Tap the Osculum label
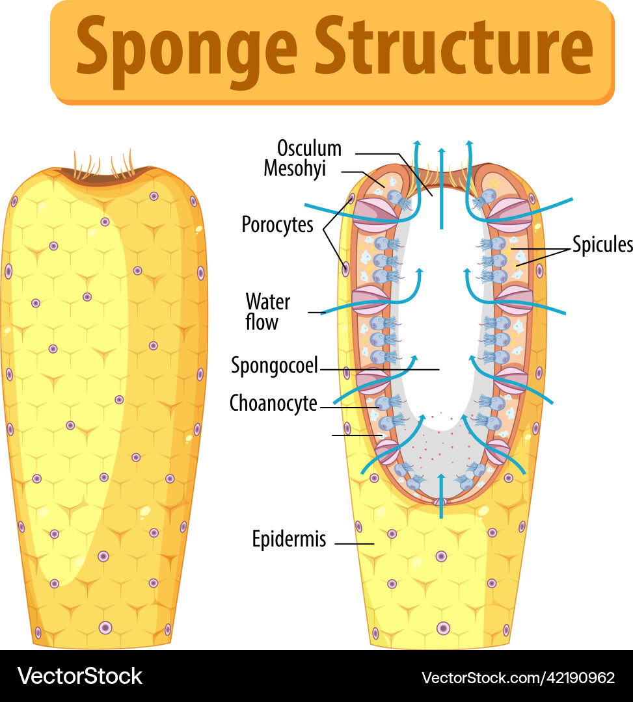(x=309, y=148)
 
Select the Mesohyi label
(x=294, y=168)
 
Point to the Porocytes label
(x=278, y=225)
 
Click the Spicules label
(x=602, y=244)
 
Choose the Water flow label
(x=267, y=312)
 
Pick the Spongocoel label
(x=275, y=366)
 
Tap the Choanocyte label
(x=273, y=404)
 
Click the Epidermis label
(x=289, y=539)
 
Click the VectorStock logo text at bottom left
(x=79, y=676)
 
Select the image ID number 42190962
(x=582, y=678)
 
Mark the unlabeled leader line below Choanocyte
(x=356, y=435)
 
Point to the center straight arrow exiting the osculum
(x=442, y=188)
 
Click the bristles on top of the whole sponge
(x=104, y=166)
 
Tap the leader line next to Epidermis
(x=355, y=543)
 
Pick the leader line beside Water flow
(x=317, y=313)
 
